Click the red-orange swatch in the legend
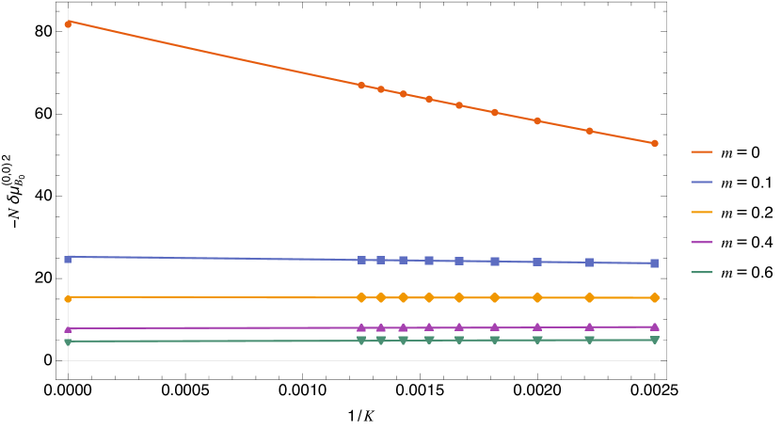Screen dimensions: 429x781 tap(702, 151)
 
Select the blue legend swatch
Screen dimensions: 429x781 tap(702, 182)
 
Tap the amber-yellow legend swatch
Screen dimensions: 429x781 tap(702, 212)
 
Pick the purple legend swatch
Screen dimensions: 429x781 tap(702, 242)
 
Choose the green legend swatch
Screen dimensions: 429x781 tap(702, 273)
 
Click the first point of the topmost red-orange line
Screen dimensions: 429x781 tap(68, 24)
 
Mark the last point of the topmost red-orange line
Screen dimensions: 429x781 tap(654, 143)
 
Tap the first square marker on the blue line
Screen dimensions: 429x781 tap(68, 259)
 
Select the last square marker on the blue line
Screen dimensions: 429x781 tap(654, 263)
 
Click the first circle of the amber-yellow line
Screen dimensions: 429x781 tap(68, 298)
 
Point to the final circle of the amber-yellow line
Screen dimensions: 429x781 tap(654, 297)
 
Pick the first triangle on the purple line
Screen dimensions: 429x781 tap(68, 328)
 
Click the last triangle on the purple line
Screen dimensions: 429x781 tap(654, 326)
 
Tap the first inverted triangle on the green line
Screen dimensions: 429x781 tap(68, 342)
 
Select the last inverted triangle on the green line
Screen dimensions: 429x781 tap(654, 340)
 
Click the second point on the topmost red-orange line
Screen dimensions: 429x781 tap(361, 85)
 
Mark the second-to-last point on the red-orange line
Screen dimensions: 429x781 tap(589, 131)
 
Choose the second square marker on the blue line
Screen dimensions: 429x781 tap(361, 260)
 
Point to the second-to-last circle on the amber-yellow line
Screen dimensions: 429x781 tap(589, 297)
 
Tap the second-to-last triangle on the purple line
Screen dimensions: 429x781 tap(589, 326)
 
